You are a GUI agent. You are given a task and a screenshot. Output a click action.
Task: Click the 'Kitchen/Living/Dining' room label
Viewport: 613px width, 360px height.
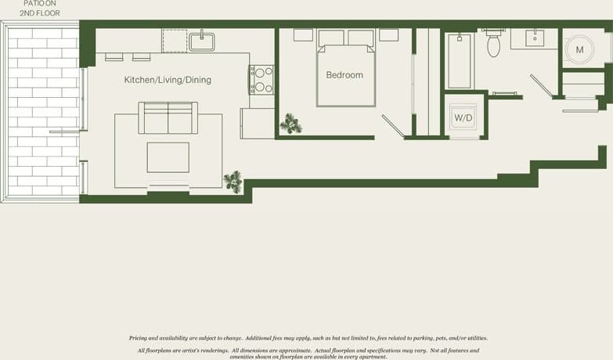168,80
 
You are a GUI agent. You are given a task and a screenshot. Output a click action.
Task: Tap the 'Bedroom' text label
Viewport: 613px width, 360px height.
344,75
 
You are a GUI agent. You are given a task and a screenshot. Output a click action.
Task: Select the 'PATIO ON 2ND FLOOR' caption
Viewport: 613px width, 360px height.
39,9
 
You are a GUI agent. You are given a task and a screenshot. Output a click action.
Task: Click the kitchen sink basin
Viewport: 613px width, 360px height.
201,41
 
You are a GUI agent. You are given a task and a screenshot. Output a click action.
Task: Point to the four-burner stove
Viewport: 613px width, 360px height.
261,79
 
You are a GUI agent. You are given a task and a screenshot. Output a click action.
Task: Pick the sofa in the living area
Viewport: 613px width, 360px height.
168,117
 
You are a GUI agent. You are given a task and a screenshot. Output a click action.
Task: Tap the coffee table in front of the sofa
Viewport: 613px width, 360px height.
168,157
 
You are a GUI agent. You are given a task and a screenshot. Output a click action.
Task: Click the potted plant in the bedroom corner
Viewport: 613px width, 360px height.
291,124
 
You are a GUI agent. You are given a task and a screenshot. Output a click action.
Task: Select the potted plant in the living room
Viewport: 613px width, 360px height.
233,182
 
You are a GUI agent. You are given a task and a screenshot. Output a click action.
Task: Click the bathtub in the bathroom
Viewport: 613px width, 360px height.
460,60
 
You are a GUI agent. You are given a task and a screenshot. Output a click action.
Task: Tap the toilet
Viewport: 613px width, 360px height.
493,45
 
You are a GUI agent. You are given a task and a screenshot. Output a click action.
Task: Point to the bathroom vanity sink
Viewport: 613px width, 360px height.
535,38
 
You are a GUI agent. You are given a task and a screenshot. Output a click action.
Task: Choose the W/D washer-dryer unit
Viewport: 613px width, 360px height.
463,118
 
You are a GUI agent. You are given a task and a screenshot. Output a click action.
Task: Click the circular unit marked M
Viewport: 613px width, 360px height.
579,49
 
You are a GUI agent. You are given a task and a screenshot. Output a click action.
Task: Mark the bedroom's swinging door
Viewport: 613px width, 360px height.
394,126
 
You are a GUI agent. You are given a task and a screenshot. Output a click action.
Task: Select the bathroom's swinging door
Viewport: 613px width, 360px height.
542,85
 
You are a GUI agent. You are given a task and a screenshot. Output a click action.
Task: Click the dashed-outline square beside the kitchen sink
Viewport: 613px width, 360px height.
174,41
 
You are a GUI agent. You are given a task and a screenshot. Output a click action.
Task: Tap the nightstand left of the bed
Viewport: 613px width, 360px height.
303,35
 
